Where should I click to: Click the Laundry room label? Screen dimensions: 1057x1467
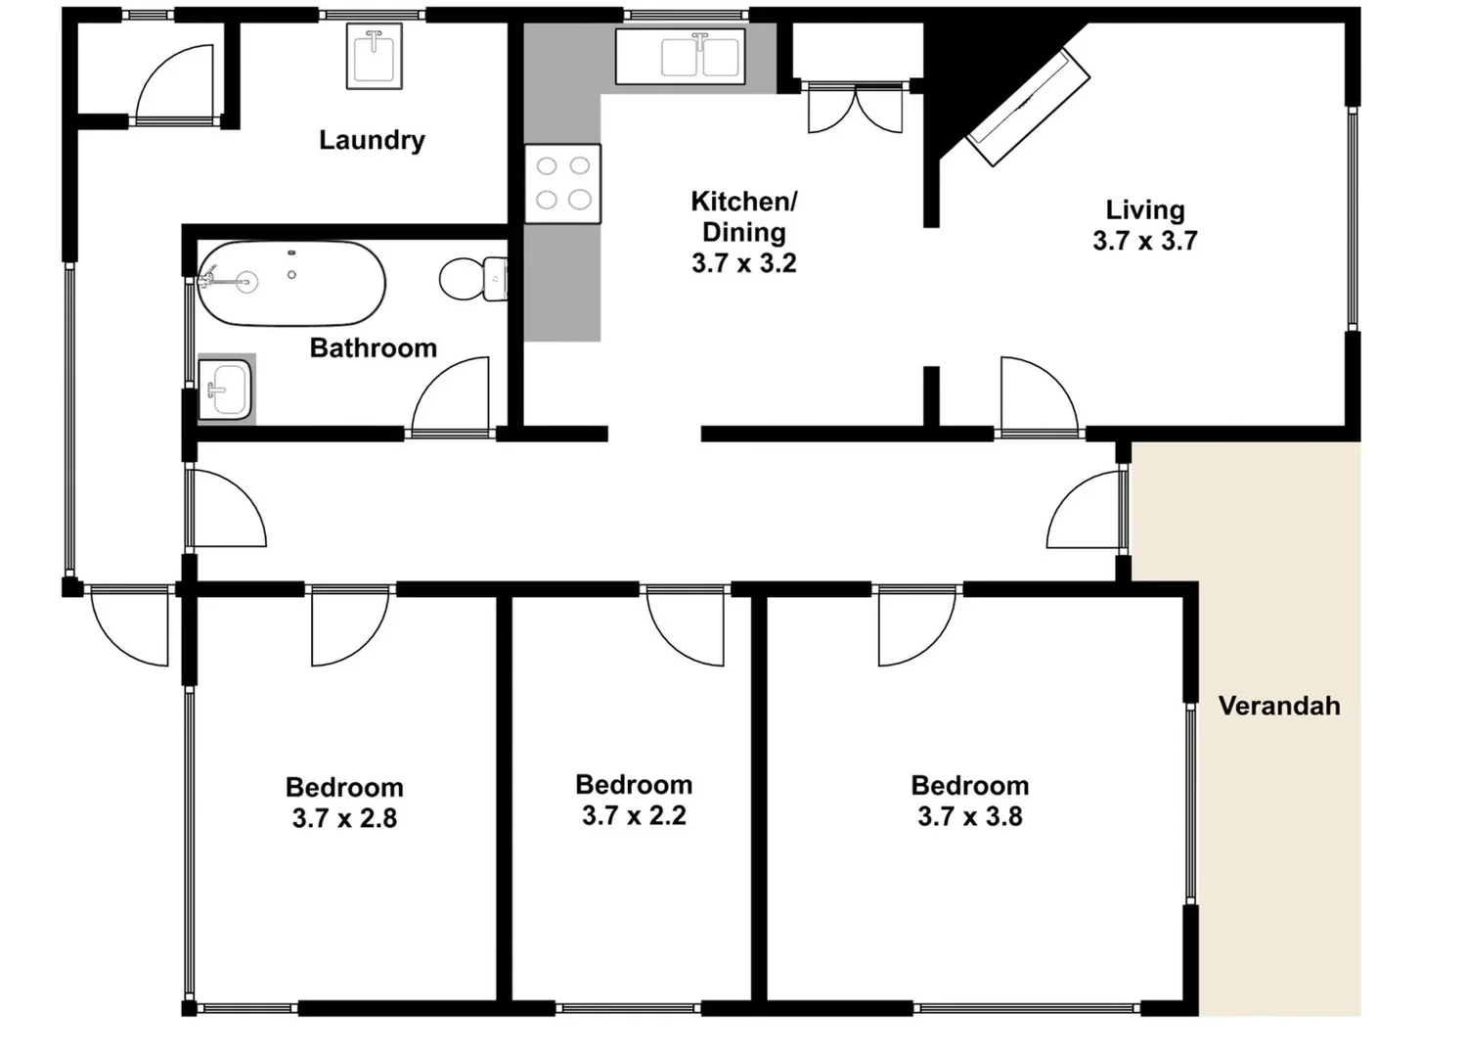372,140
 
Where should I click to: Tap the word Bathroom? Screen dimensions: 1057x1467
373,348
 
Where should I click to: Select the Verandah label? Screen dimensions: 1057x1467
1279,706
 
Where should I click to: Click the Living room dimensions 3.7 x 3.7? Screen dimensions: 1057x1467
1144,241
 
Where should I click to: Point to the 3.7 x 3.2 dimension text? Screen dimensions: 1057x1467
743,263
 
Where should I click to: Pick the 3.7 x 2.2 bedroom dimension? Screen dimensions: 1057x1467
634,815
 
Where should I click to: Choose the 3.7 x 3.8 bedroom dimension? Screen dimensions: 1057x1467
969,816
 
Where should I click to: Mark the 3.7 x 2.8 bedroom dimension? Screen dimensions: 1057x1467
344,818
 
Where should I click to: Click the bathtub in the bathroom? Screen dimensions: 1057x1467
291,283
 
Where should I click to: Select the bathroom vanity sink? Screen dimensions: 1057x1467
226,390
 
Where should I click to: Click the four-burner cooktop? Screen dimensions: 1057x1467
562,184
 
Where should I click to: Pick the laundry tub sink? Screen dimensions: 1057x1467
375,57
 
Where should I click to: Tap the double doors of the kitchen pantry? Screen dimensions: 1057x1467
855,109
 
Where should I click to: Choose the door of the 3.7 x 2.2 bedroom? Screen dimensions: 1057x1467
685,626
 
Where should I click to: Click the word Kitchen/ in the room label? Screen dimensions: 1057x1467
743,202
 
